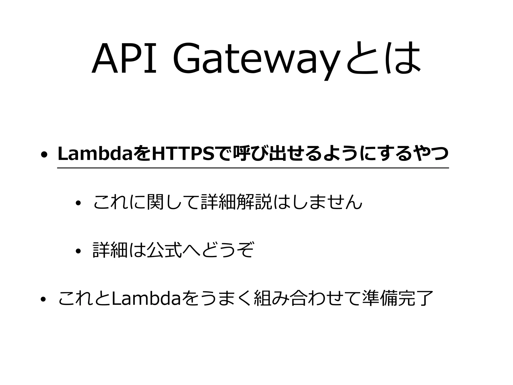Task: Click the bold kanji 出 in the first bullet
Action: [274, 154]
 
